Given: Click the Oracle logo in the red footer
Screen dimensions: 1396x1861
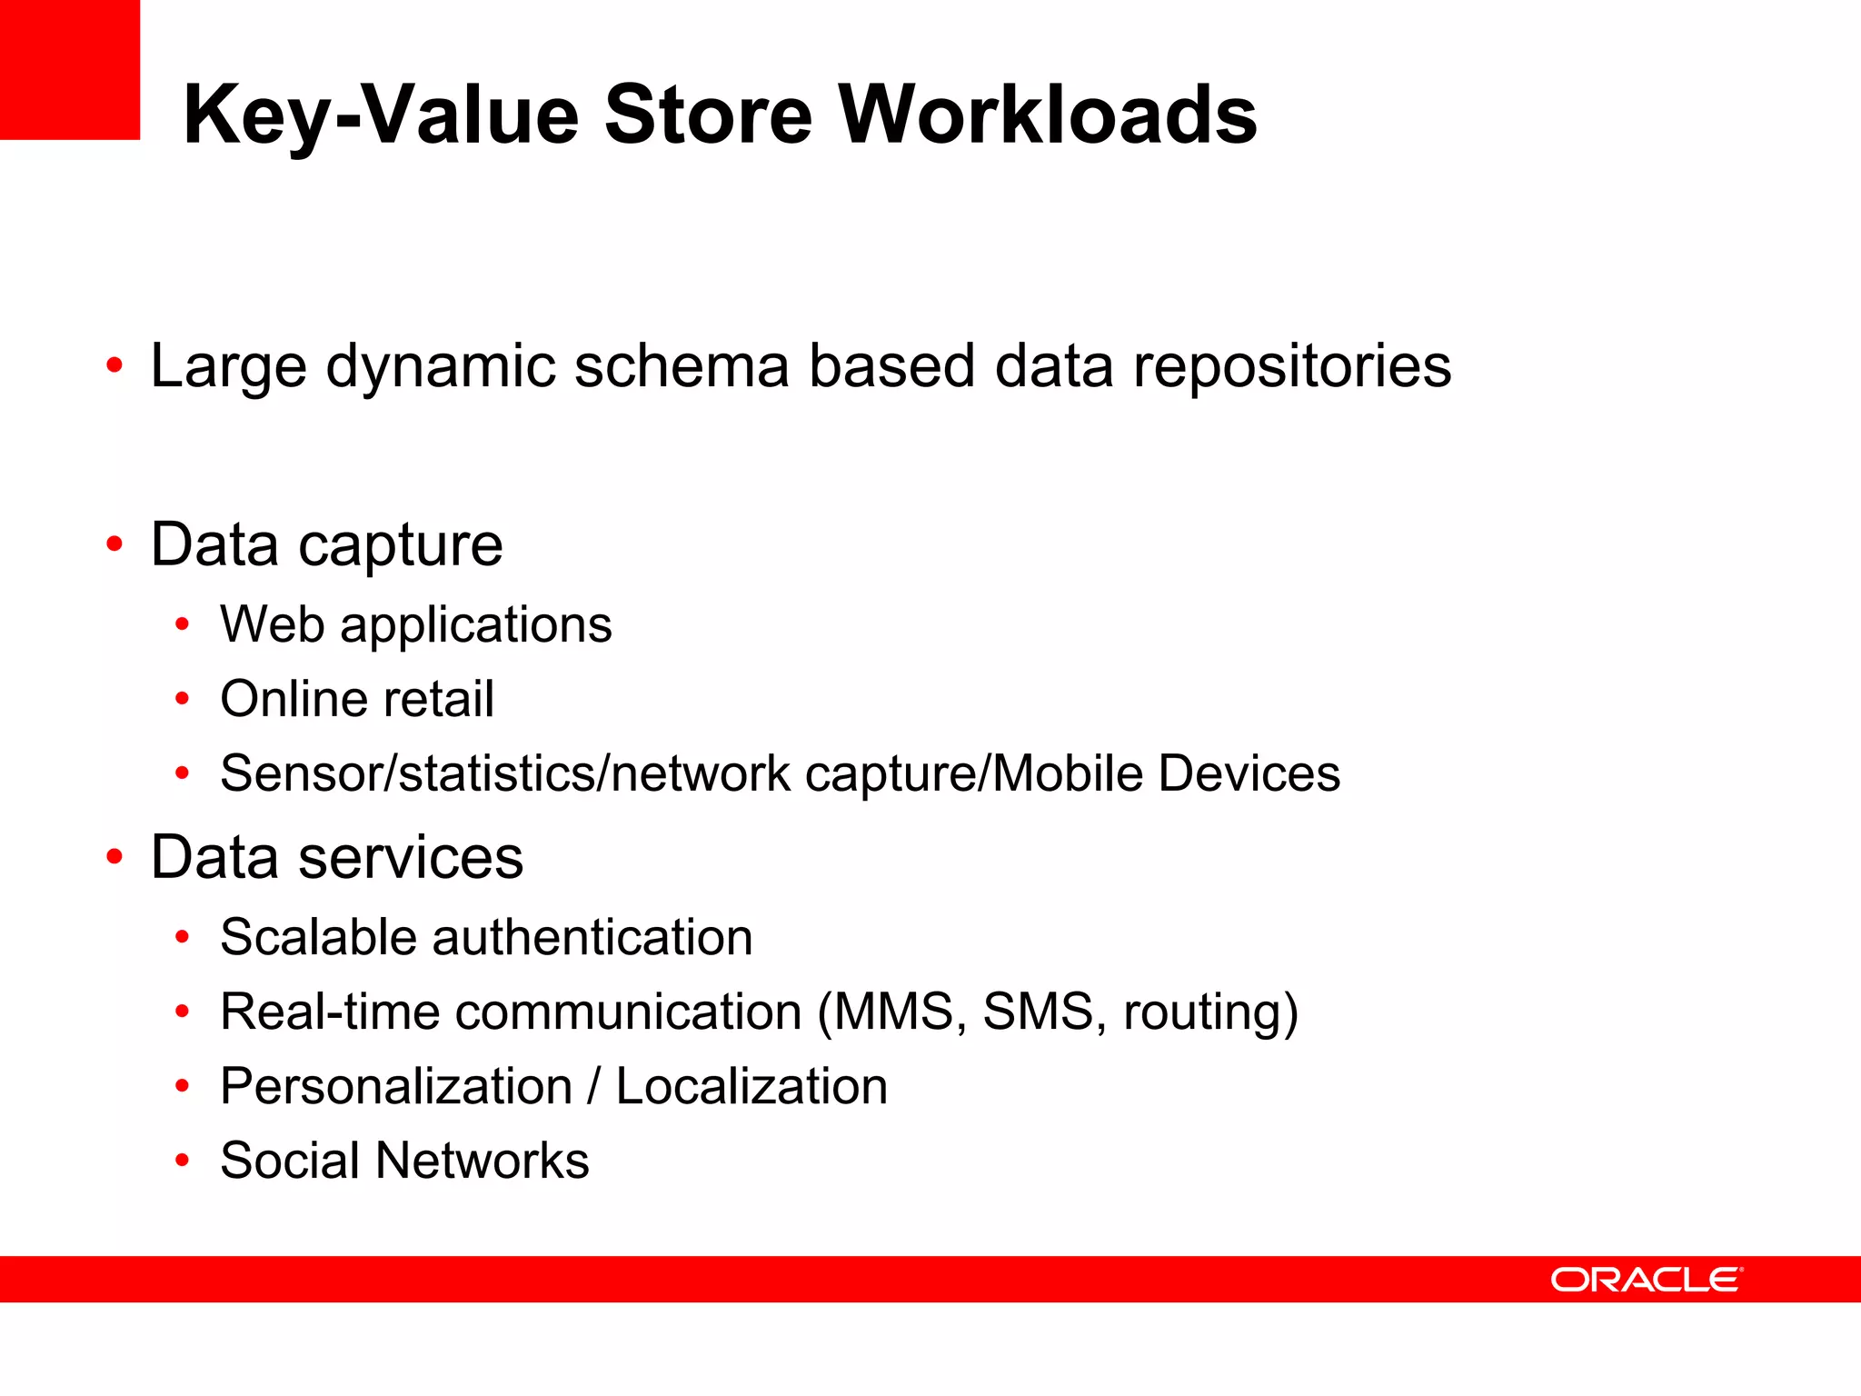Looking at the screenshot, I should click(x=1646, y=1280).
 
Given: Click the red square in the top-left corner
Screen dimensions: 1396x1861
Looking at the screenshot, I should click(x=69, y=69).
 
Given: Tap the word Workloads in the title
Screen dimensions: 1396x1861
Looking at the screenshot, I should click(x=1048, y=115).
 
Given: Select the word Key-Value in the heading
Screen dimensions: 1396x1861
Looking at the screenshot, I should click(x=381, y=116).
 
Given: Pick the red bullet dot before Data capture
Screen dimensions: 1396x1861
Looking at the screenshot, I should click(x=114, y=544).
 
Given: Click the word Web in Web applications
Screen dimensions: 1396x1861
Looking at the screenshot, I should click(x=273, y=625).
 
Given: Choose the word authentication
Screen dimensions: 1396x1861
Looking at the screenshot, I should click(x=592, y=937).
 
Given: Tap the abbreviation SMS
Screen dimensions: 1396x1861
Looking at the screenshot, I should click(x=1038, y=1012).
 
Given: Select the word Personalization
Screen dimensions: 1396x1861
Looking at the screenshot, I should click(x=396, y=1086).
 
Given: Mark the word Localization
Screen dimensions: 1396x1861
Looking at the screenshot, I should click(x=751, y=1086).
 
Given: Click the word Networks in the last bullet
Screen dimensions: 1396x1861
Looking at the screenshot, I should click(x=483, y=1161).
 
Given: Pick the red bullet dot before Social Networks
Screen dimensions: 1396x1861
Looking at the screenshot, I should click(x=183, y=1161).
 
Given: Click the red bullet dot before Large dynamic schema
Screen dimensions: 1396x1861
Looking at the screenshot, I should click(x=114, y=366).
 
